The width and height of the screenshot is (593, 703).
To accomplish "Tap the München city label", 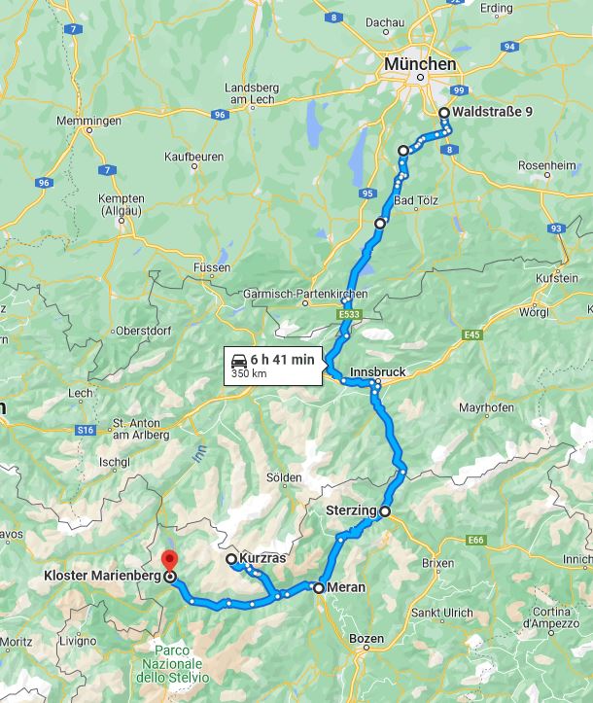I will pos(419,63).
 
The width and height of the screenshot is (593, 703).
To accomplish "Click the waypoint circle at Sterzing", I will pos(385,510).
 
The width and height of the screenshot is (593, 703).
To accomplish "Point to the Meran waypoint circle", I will pos(319,587).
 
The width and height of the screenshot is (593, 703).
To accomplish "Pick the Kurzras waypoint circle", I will pos(231,559).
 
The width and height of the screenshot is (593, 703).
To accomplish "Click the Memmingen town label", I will pos(90,121).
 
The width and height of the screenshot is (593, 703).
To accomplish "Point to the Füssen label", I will pos(211,267).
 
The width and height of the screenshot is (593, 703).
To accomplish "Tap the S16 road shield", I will pos(87,430).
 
